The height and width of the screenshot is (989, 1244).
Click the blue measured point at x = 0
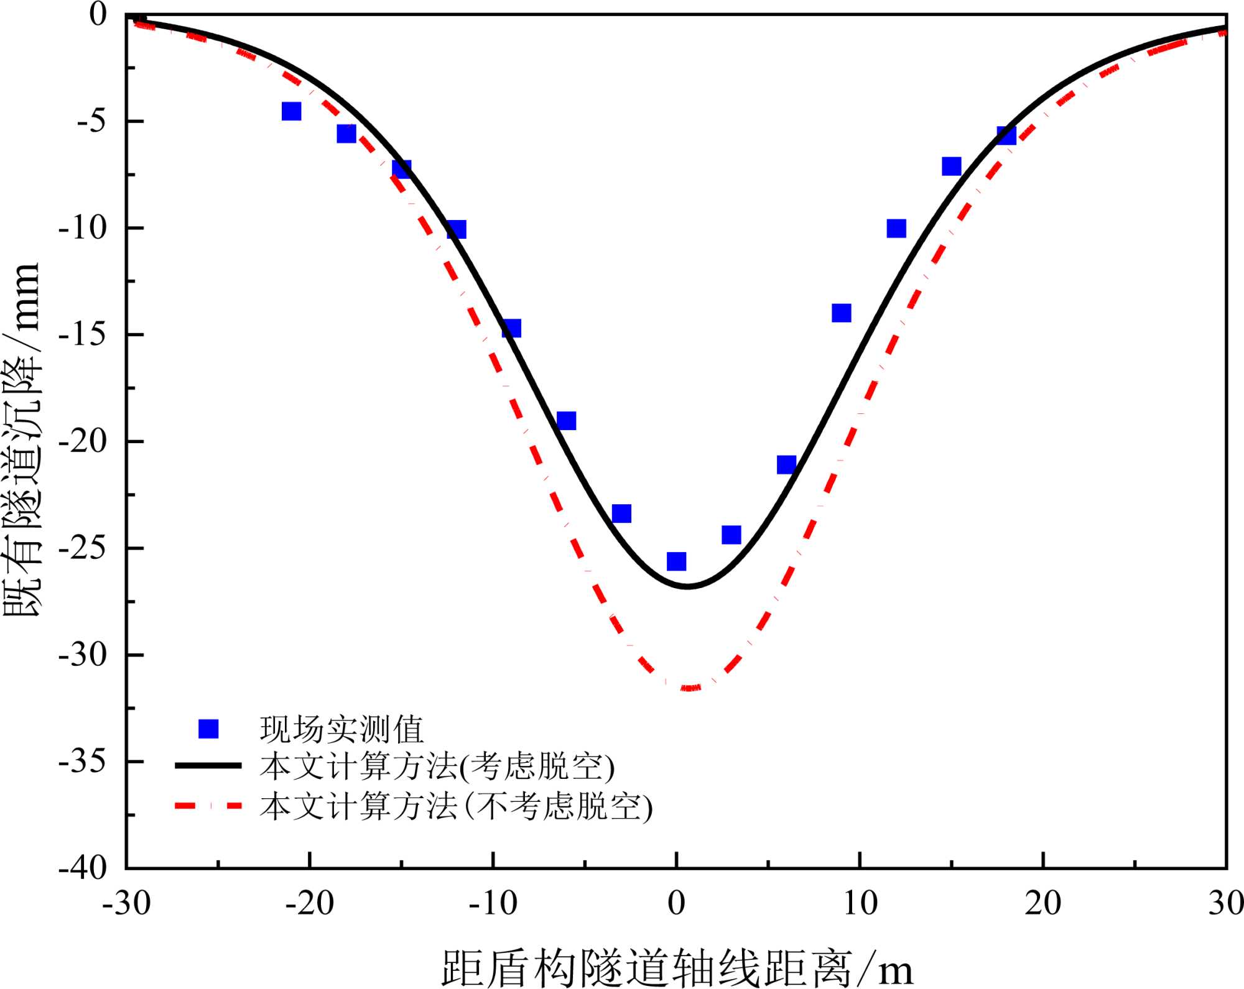pyautogui.click(x=676, y=561)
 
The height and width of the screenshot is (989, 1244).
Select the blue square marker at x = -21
pyautogui.click(x=291, y=111)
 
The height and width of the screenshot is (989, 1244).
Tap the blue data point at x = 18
pyautogui.click(x=1006, y=136)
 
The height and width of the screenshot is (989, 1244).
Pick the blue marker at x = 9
pyautogui.click(x=841, y=313)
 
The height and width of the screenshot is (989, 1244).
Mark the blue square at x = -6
pyautogui.click(x=566, y=421)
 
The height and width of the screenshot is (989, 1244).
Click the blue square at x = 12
pyautogui.click(x=896, y=228)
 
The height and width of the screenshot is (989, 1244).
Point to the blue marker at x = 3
pyautogui.click(x=731, y=535)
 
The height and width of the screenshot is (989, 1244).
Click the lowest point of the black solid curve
pyautogui.click(x=687, y=586)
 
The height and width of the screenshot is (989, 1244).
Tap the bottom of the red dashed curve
pyautogui.click(x=690, y=688)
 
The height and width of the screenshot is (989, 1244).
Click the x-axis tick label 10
pyautogui.click(x=860, y=903)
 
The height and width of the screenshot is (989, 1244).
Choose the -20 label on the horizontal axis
pyautogui.click(x=309, y=903)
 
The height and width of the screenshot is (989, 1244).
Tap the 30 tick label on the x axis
pyautogui.click(x=1225, y=903)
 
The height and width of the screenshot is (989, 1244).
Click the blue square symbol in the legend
pyautogui.click(x=208, y=729)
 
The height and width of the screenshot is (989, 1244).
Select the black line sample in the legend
pyautogui.click(x=208, y=765)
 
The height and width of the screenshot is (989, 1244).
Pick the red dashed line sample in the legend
pyautogui.click(x=208, y=806)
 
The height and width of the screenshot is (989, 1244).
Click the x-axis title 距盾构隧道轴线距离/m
pyautogui.click(x=677, y=967)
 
